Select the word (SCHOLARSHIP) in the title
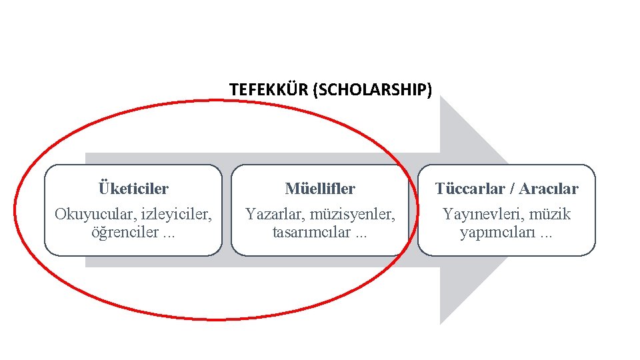point(371,89)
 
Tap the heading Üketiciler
point(133,189)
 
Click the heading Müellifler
point(320,189)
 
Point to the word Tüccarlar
point(469,189)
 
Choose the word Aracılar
point(549,189)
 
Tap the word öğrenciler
point(123,233)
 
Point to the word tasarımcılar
point(311,233)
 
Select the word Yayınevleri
point(478,215)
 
